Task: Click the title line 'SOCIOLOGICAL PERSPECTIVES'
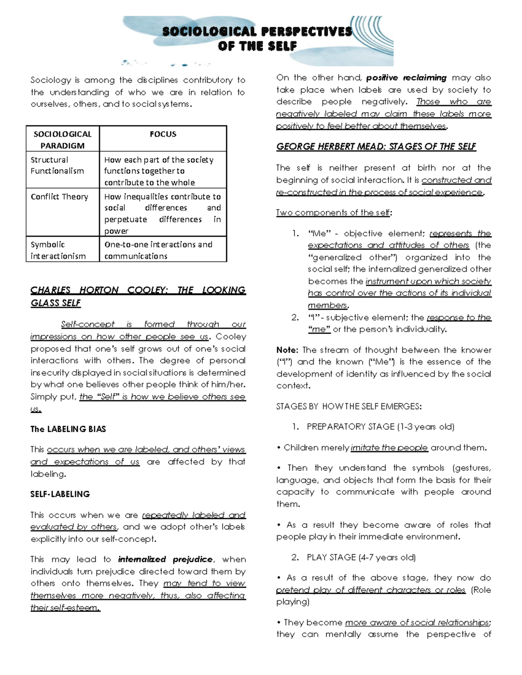tap(257, 32)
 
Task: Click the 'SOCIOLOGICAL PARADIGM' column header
tap(63, 140)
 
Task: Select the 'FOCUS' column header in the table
tap(163, 134)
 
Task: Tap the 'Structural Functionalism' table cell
tap(57, 166)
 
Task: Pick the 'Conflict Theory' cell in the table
tap(59, 197)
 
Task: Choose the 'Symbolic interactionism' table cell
tap(58, 250)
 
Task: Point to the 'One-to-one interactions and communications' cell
tap(158, 250)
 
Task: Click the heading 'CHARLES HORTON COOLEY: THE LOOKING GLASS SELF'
tap(138, 296)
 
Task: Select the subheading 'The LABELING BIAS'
tap(68, 429)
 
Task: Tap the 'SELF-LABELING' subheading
tap(60, 494)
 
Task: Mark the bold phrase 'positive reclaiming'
tap(406, 78)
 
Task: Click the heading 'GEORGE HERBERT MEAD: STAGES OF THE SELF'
tap(376, 147)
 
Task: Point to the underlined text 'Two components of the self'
tap(333, 213)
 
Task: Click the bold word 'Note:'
tap(287, 350)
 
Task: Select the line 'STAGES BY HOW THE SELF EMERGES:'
tap(349, 407)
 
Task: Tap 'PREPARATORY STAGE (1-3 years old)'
tap(380, 427)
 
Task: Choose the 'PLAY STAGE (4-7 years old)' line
tap(361, 558)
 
